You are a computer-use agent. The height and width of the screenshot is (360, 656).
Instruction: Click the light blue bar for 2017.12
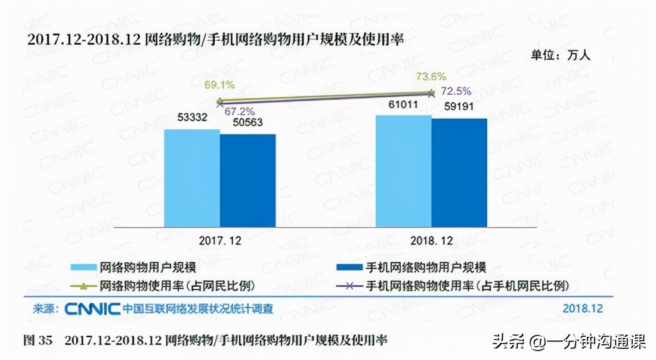(x=191, y=178)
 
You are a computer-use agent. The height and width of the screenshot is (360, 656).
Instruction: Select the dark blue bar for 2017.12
(x=247, y=180)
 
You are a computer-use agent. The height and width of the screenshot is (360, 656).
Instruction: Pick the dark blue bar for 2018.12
(x=459, y=172)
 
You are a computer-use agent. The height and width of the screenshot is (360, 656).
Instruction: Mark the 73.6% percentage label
(x=431, y=76)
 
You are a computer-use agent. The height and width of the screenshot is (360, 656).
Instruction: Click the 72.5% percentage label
(x=456, y=91)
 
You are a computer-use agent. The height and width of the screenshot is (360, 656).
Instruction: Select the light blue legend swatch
(x=83, y=268)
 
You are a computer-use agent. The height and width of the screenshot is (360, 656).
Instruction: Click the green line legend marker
(x=83, y=284)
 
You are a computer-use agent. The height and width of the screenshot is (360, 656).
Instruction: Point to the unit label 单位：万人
(x=560, y=55)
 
